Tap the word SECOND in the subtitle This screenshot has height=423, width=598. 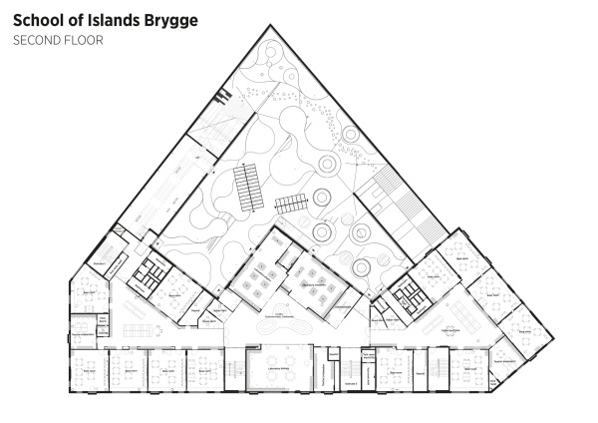[x=34, y=41]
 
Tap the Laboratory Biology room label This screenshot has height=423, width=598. [x=274, y=367]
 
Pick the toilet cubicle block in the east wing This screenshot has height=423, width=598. [x=409, y=293]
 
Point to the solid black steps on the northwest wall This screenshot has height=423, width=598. [x=224, y=98]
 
